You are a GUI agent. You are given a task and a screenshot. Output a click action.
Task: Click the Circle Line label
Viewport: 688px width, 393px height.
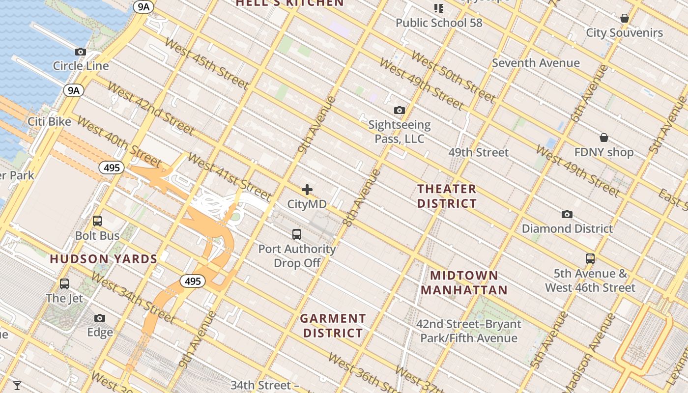click(x=81, y=66)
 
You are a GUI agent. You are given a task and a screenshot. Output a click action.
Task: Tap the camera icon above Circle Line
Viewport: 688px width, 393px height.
click(x=81, y=52)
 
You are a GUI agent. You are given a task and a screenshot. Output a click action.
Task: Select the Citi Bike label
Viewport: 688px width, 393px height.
click(x=49, y=122)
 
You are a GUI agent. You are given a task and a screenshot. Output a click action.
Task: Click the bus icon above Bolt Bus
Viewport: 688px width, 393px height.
click(x=97, y=221)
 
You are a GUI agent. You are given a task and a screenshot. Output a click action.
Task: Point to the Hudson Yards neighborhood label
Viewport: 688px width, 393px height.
click(x=103, y=259)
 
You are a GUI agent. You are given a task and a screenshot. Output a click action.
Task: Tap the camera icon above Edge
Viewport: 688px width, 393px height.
click(x=100, y=318)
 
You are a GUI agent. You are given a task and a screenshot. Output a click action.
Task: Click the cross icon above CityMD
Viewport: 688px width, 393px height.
click(x=307, y=190)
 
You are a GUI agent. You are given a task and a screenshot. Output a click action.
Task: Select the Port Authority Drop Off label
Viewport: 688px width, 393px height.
click(x=297, y=256)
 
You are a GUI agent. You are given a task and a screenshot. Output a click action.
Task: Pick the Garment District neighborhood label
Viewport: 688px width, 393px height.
click(x=333, y=326)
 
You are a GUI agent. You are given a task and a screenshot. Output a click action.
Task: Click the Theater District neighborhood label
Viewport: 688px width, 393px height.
click(x=447, y=196)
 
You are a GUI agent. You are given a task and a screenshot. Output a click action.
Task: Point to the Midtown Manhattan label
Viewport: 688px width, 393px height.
click(x=464, y=282)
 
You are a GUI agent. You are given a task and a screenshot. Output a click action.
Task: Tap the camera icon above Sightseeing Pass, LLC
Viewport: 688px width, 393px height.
click(x=400, y=111)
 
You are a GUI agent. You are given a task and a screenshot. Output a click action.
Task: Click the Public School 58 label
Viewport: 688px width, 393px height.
click(x=439, y=23)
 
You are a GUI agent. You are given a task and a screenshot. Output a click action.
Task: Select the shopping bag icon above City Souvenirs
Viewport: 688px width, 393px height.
click(x=625, y=18)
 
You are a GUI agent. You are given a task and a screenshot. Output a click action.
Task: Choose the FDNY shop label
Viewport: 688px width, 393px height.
click(x=604, y=152)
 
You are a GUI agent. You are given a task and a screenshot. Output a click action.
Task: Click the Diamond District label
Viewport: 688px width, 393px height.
click(x=567, y=229)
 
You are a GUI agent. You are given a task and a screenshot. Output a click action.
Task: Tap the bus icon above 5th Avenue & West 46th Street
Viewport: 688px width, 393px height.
click(x=590, y=259)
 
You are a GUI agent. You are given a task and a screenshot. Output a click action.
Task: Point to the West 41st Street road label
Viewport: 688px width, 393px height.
click(x=229, y=177)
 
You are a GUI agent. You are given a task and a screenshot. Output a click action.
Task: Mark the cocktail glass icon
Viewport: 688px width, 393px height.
click(x=17, y=386)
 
